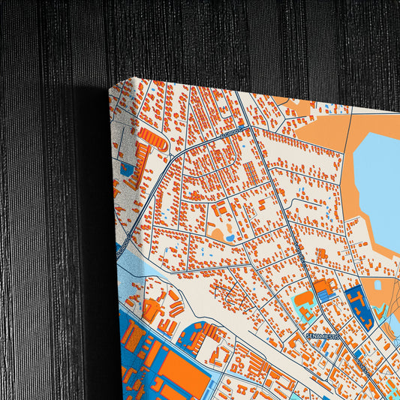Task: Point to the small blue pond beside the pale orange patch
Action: pos(230,238)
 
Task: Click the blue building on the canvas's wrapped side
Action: pos(124,169)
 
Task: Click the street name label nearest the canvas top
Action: pos(233,132)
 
